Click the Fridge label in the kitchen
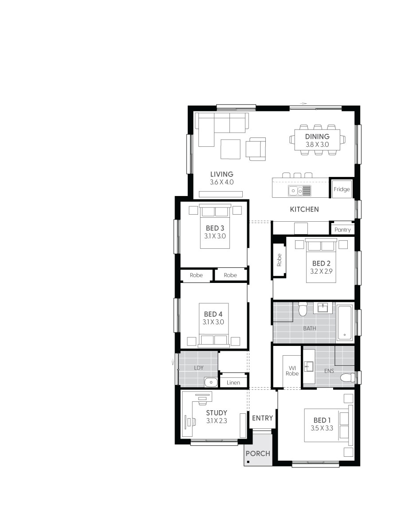click(x=342, y=189)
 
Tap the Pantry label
click(x=342, y=230)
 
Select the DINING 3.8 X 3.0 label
click(x=317, y=140)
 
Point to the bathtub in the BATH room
click(x=344, y=322)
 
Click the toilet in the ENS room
click(x=348, y=377)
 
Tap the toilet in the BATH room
click(x=303, y=309)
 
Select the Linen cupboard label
click(x=233, y=382)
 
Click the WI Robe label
click(x=292, y=370)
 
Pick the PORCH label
click(x=258, y=453)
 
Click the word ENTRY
click(x=263, y=418)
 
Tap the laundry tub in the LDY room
click(x=210, y=381)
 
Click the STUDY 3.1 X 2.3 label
click(x=216, y=417)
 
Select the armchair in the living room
click(x=256, y=148)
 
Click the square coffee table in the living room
click(x=230, y=149)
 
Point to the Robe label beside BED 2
click(x=279, y=260)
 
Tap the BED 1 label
click(x=322, y=420)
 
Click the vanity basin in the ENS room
click(x=309, y=366)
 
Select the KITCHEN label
click(x=304, y=209)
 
